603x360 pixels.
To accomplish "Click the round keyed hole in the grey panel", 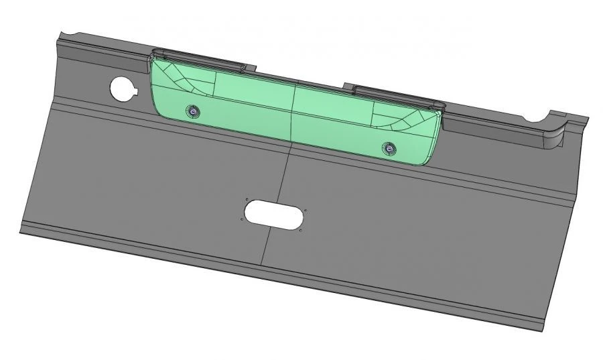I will (122, 87).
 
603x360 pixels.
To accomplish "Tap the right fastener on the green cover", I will (387, 147).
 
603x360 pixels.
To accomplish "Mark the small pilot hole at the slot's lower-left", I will (241, 219).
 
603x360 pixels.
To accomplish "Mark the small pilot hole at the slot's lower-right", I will (300, 231).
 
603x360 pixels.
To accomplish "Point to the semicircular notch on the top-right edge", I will (537, 119).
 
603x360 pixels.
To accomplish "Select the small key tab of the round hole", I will (134, 91).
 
